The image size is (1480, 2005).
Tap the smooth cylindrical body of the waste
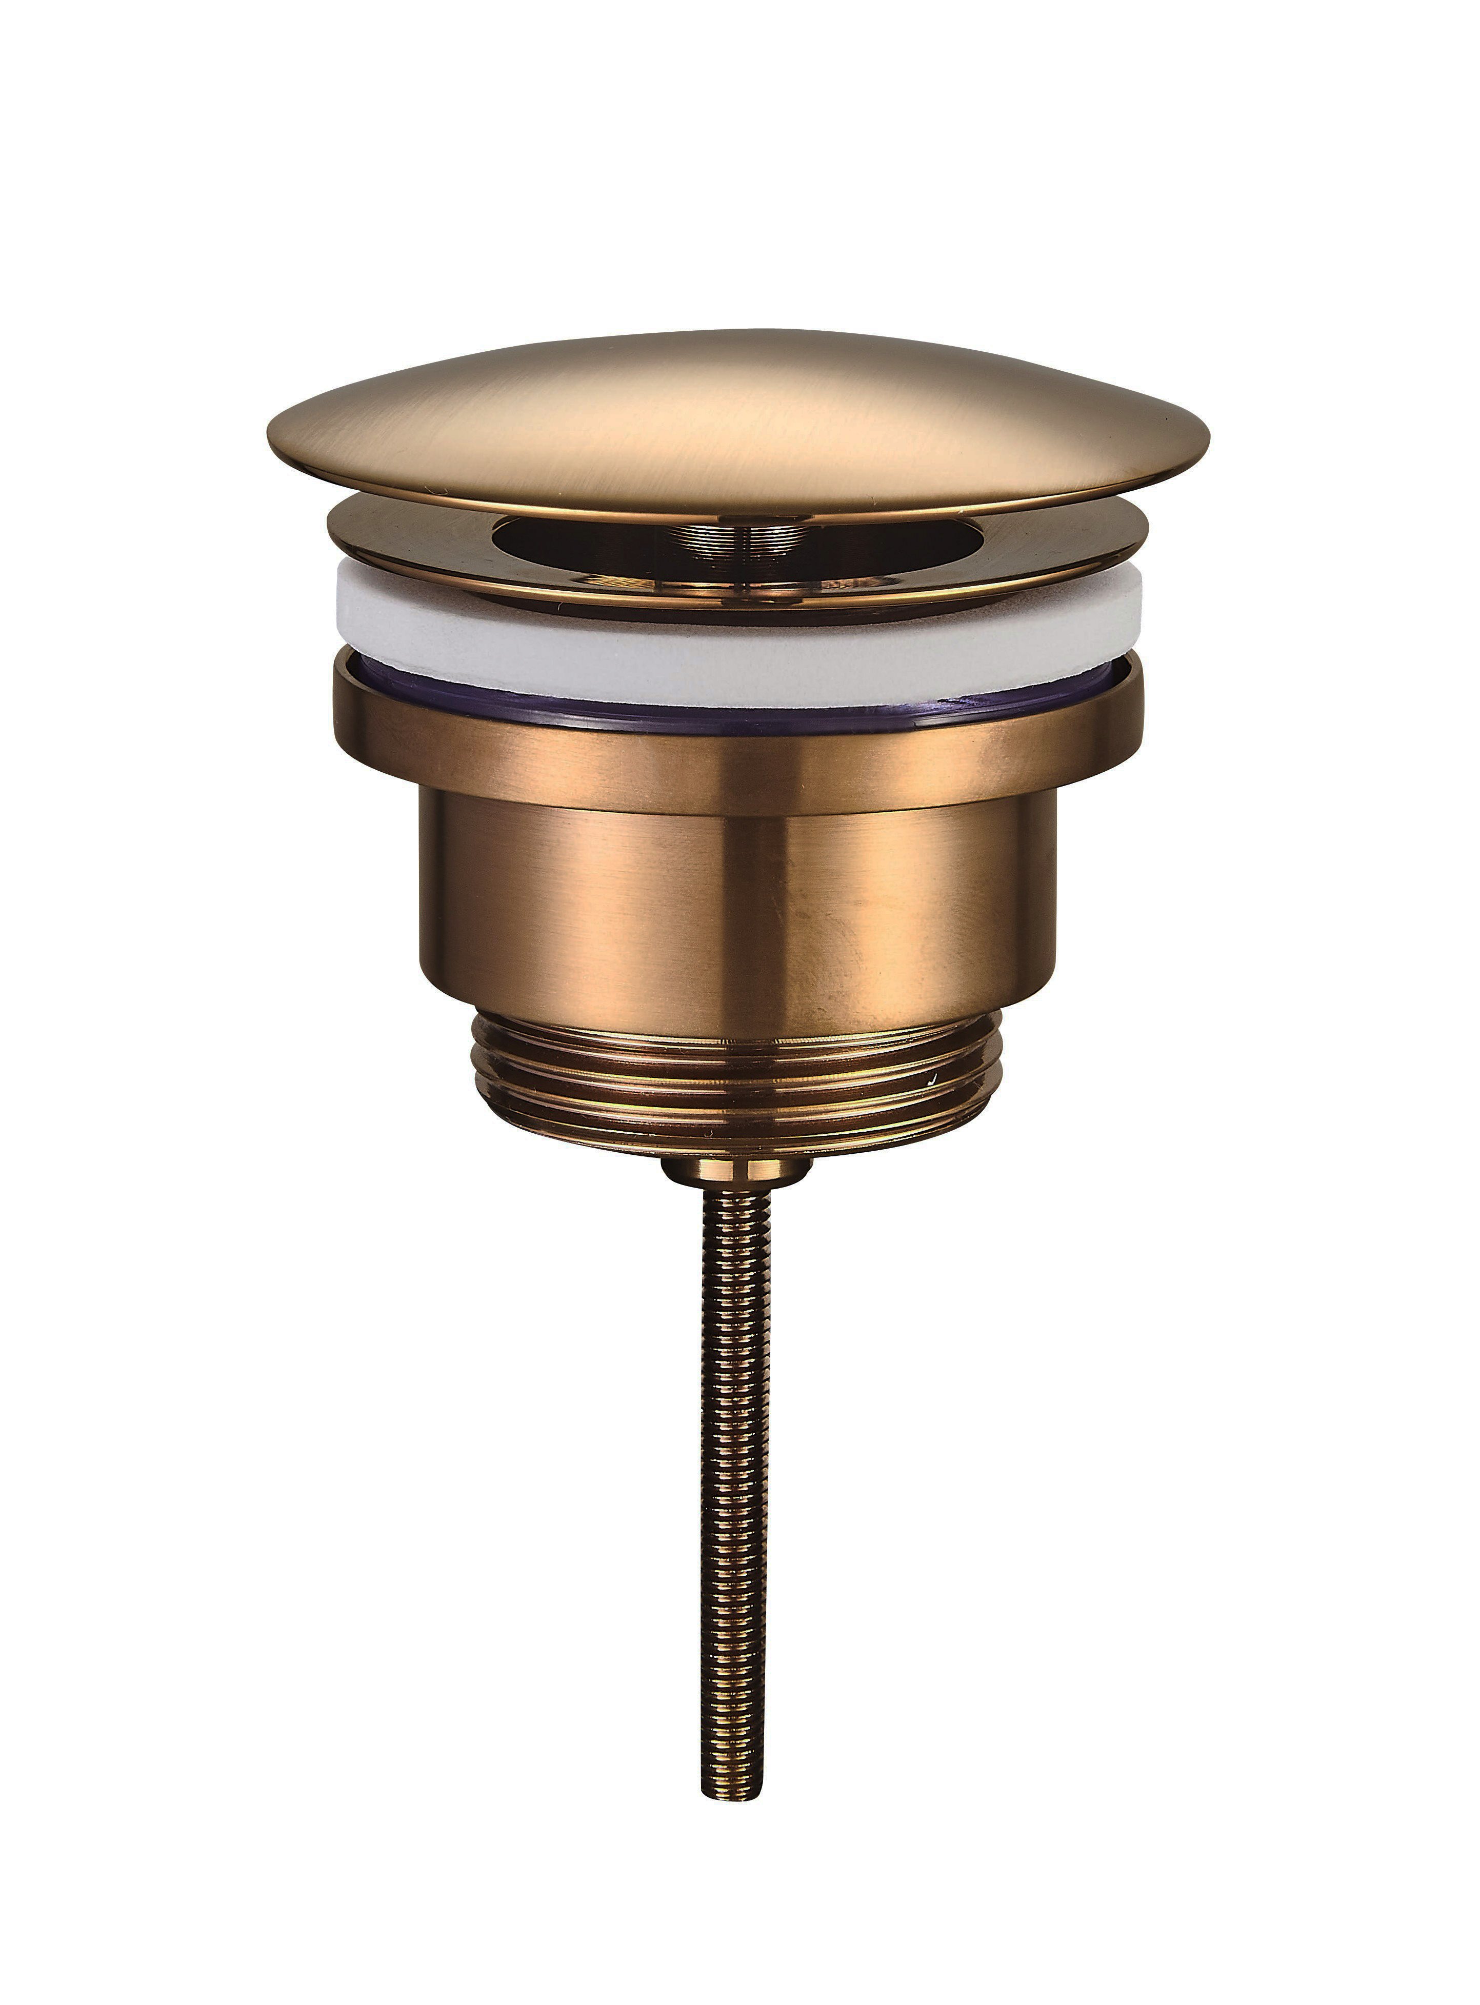tap(583, 914)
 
